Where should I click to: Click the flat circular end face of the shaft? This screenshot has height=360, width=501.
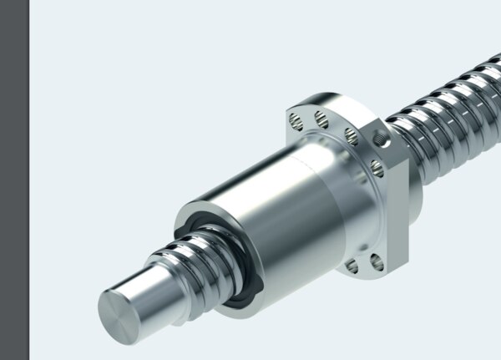(x=123, y=316)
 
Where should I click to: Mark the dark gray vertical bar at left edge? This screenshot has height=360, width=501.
(x=14, y=180)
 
